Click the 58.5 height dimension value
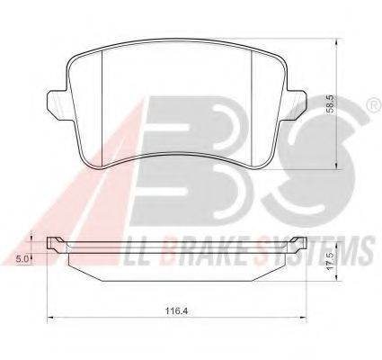point(332,104)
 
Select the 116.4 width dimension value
point(177,311)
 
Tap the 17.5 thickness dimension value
point(331,261)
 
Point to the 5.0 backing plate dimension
point(22,258)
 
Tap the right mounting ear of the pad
point(295,104)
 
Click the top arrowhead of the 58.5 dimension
point(337,42)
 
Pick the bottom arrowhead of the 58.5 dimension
point(337,166)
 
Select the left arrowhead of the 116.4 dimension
point(51,317)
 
